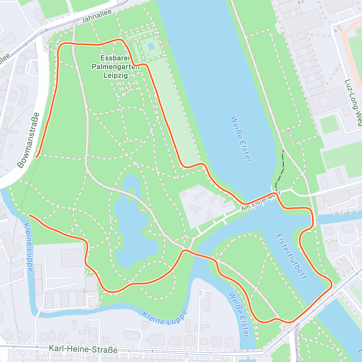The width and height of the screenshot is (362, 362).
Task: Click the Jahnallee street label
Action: point(97,16)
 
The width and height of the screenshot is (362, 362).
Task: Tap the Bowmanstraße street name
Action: point(28,140)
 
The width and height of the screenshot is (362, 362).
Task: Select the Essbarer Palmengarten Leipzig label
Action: point(116,67)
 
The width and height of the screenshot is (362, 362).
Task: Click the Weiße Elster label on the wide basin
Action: point(241,139)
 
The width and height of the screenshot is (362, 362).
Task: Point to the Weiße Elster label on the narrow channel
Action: point(239,314)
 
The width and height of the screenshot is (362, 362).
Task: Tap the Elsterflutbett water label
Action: point(291,256)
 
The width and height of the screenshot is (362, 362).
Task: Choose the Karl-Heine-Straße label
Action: point(83,349)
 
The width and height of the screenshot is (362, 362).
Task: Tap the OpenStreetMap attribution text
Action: point(63,358)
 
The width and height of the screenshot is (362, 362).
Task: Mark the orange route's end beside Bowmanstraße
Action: point(36,157)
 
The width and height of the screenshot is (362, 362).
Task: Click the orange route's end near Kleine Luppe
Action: point(30,215)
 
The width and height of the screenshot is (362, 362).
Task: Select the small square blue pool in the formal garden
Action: point(151,46)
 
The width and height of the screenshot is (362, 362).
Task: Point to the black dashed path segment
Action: point(282,169)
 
